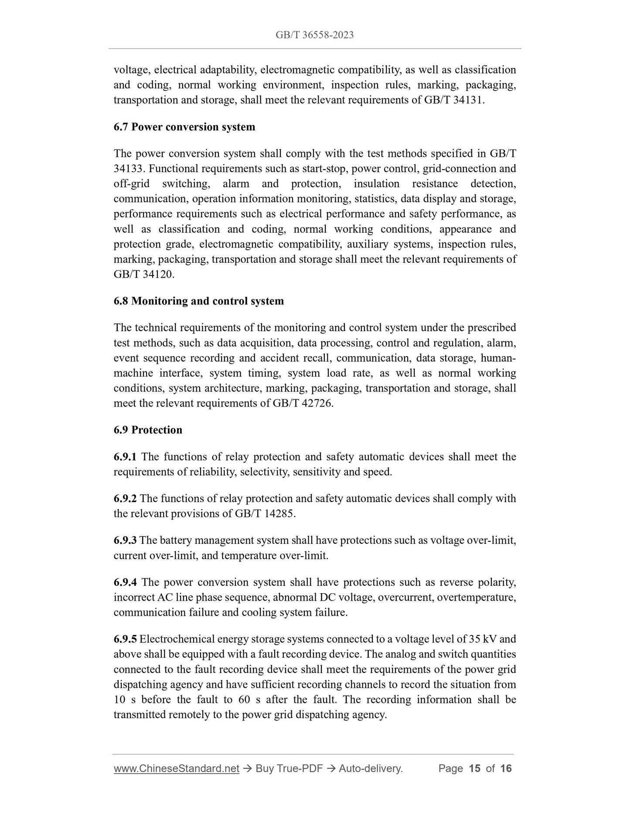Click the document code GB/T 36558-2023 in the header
coord(314,35)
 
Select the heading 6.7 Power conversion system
coord(184,127)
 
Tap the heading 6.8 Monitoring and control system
coord(199,301)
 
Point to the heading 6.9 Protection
coord(148,430)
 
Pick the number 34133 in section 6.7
coord(128,169)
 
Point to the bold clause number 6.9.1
coord(125,457)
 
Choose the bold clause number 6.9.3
coord(125,540)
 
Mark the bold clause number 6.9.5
coord(125,639)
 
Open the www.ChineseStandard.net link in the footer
coord(177,768)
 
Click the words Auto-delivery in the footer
coord(370,768)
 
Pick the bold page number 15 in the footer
coord(474,768)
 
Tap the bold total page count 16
coord(506,768)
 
